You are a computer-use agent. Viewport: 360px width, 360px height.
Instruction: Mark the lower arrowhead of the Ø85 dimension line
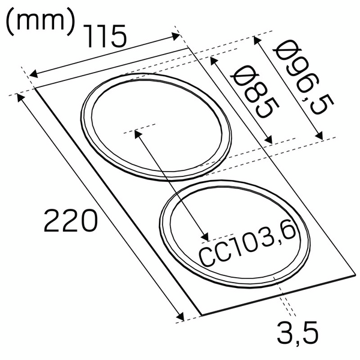(270, 141)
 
